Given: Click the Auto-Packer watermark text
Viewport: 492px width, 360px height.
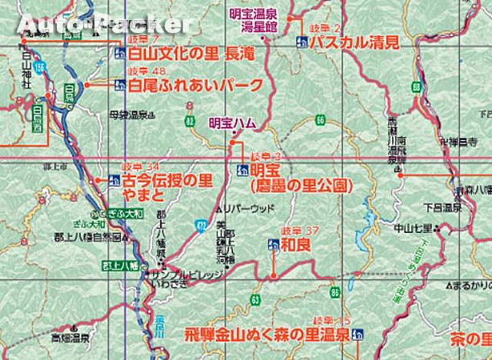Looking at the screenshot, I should (x=96, y=25).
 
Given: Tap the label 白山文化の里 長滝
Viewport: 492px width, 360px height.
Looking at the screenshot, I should (x=189, y=54).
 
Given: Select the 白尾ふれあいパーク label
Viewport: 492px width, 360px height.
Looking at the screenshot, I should (x=196, y=85).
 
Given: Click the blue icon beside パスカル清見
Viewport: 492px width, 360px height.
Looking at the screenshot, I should (x=300, y=43).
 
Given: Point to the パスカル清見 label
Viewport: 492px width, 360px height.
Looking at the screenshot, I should (x=345, y=42).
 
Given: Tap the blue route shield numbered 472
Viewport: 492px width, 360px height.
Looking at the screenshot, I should (x=200, y=224).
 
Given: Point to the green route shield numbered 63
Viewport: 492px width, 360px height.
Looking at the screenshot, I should (x=254, y=297).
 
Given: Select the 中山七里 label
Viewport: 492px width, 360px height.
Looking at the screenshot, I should (x=413, y=228).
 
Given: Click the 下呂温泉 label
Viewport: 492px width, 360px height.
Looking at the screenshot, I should (x=447, y=208).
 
